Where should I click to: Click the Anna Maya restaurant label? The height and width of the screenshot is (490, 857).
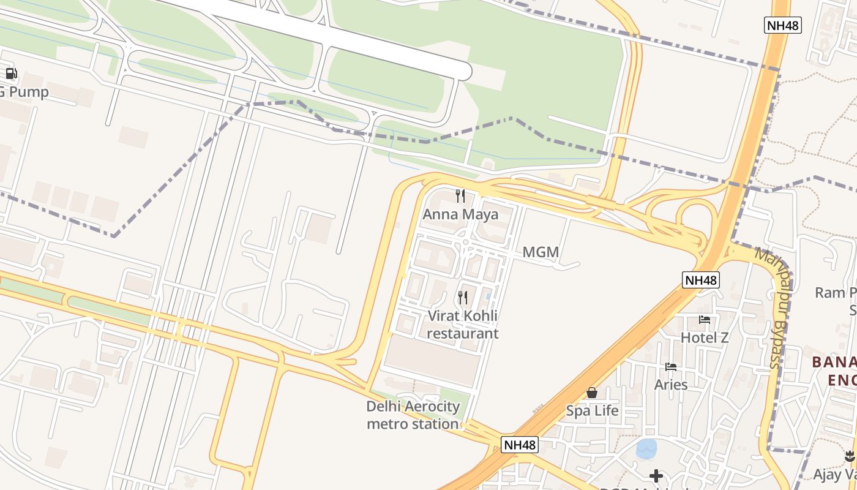[x=460, y=215]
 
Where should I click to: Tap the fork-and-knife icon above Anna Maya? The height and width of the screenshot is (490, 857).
[x=460, y=196]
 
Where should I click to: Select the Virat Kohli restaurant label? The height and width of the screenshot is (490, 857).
[x=463, y=325]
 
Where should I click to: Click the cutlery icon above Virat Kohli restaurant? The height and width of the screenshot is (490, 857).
[x=463, y=298]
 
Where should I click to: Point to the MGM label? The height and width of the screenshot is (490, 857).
[x=541, y=252]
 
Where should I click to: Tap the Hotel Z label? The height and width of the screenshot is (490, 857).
[x=705, y=337]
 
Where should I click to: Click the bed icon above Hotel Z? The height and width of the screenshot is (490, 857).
[x=705, y=320]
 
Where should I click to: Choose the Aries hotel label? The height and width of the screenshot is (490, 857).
[x=671, y=385]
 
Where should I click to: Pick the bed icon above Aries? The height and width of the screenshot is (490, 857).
[x=671, y=367]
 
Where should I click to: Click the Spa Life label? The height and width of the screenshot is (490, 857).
[x=592, y=410]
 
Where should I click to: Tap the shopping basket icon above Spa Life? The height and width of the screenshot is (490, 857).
[x=592, y=393]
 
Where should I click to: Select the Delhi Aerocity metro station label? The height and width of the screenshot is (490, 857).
[x=413, y=415]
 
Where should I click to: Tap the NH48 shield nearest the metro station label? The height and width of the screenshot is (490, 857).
[x=520, y=445]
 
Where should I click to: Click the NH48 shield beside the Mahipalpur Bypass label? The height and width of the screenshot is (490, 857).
[x=701, y=280]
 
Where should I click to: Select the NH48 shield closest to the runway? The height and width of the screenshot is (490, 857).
[x=783, y=26]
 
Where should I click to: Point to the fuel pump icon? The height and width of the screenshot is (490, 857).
[x=11, y=74]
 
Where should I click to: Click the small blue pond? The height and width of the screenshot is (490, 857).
[x=646, y=449]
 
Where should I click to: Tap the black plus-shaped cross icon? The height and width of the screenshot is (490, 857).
[x=656, y=475]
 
